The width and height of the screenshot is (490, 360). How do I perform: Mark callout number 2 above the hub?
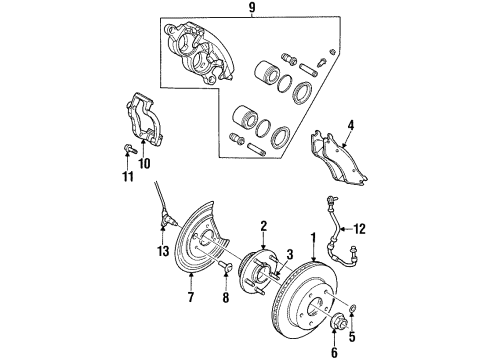[262, 226]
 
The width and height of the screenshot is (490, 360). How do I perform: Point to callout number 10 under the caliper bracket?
[143, 162]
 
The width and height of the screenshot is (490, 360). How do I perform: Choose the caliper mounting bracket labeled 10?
[145, 120]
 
